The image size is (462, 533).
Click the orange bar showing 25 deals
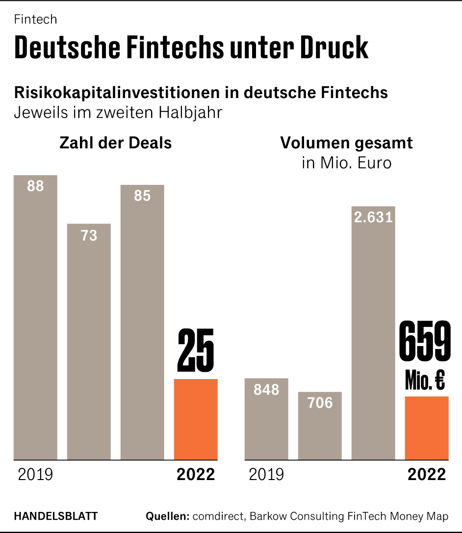coord(196,419)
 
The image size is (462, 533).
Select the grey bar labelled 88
coord(35,319)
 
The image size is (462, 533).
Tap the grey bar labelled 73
coord(89,343)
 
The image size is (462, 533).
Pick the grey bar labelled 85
coord(142,324)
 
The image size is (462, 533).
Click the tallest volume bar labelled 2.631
coord(373,333)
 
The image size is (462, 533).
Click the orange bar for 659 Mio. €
coord(427,428)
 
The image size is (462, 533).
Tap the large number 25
coord(196,351)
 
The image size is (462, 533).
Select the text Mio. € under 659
coord(425,380)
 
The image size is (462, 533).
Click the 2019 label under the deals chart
coord(35,475)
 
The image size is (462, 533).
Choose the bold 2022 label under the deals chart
coord(196,475)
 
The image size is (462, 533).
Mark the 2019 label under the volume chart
coord(266,475)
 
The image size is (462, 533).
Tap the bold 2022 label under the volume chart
coord(427,475)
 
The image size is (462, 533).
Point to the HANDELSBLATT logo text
coord(56,516)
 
